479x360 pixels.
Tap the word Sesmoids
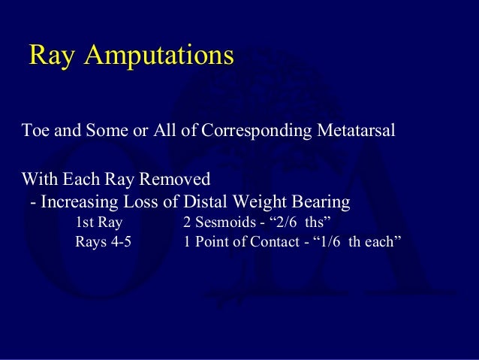(224, 222)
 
